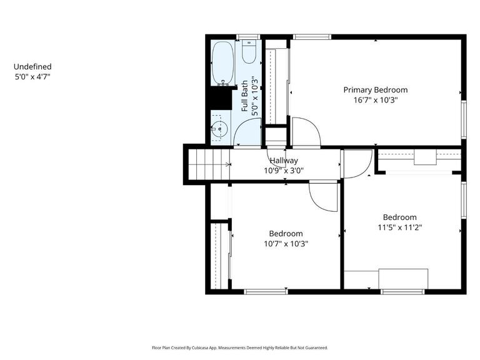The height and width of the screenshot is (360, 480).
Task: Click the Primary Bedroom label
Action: click(x=376, y=90)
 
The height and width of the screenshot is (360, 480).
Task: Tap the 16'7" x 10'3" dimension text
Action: click(x=376, y=99)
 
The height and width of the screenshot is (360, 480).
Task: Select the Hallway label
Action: click(x=284, y=161)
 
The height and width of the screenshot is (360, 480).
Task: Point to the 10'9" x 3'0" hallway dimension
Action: click(x=284, y=170)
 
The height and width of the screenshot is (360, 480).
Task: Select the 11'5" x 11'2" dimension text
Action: click(x=400, y=227)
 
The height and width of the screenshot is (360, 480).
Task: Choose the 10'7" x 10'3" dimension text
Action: click(x=286, y=244)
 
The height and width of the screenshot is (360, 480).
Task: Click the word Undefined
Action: click(x=32, y=67)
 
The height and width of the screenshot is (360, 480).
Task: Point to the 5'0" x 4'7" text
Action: click(x=32, y=77)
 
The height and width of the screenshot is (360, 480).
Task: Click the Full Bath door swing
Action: click(x=248, y=131)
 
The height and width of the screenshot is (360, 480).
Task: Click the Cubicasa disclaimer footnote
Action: click(x=239, y=347)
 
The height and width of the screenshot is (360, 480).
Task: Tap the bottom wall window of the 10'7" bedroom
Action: click(x=266, y=291)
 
